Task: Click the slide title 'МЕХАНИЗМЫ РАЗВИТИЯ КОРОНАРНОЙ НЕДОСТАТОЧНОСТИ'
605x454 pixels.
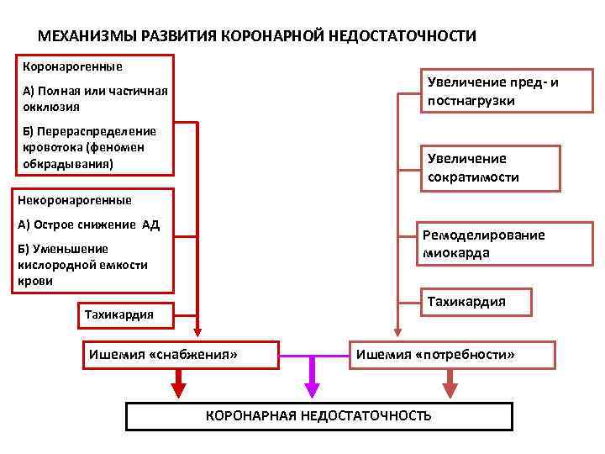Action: (257, 37)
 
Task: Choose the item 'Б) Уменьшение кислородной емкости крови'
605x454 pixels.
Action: (82, 265)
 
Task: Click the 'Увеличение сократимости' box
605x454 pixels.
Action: (489, 168)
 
